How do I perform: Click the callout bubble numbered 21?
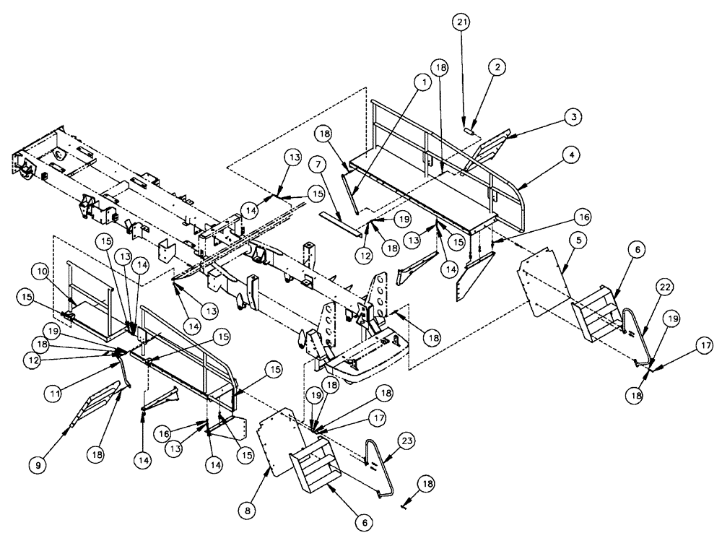pyautogui.click(x=463, y=24)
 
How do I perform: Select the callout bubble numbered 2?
pyautogui.click(x=496, y=66)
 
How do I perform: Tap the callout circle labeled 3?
pyautogui.click(x=573, y=116)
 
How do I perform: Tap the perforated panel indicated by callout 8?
pyautogui.click(x=278, y=441)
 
